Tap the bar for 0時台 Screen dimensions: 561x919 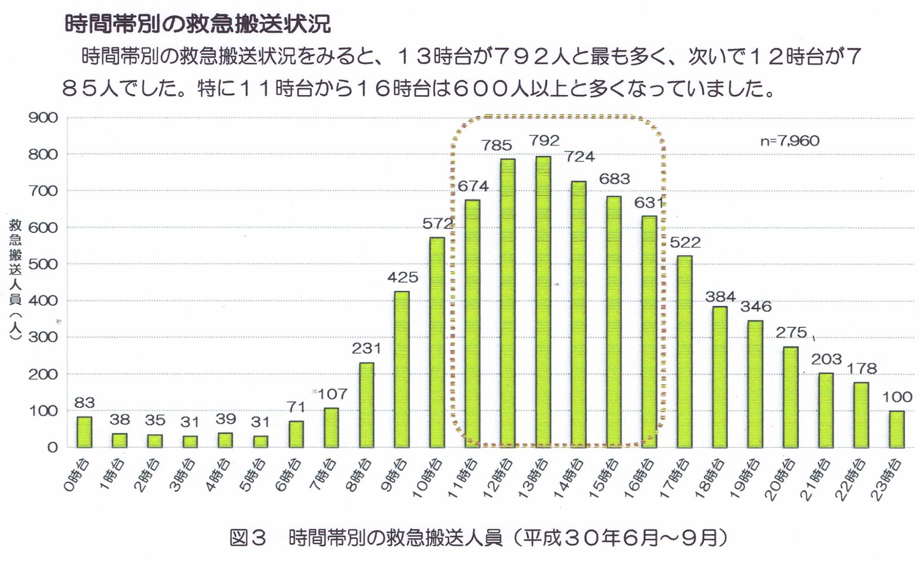tap(84, 432)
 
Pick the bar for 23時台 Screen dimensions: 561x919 tap(897, 429)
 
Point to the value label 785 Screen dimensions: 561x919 tap(497, 145)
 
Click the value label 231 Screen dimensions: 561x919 tap(366, 348)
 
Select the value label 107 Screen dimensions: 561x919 tap(332, 394)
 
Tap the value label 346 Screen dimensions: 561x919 tap(756, 307)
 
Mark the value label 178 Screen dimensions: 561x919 tap(862, 368)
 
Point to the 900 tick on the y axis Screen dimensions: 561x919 tap(43, 118)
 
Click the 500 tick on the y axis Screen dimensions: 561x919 tap(43, 264)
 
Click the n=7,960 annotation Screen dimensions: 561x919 tap(790, 141)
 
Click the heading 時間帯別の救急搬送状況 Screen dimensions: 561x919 tap(197, 25)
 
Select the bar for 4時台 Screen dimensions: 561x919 tap(225, 440)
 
